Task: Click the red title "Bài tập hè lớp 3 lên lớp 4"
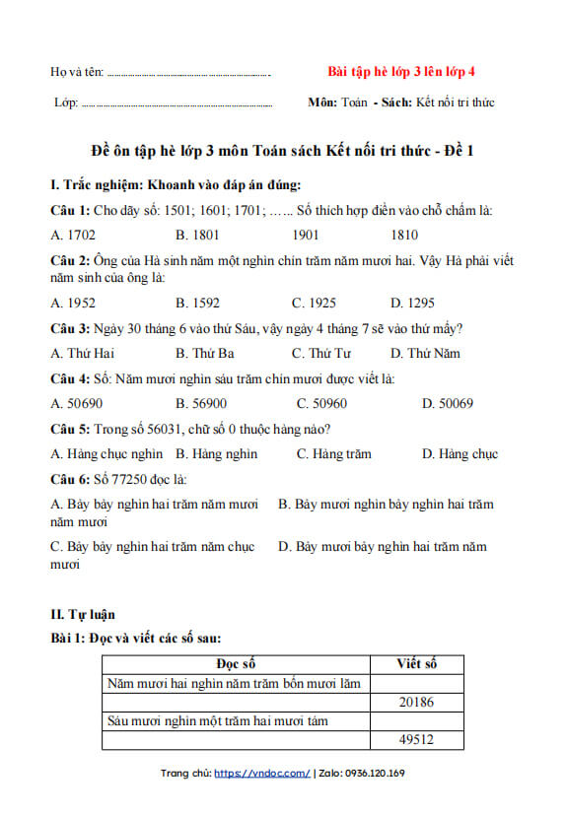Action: [x=400, y=72]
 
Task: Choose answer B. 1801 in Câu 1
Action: [x=197, y=235]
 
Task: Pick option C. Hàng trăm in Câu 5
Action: [x=333, y=454]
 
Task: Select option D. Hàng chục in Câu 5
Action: [x=460, y=454]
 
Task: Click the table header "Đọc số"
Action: [x=237, y=664]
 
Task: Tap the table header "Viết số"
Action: [x=417, y=664]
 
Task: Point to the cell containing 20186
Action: [x=417, y=702]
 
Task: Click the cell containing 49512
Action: [x=417, y=740]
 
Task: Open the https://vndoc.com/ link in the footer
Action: [x=261, y=774]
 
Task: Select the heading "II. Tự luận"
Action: [x=83, y=614]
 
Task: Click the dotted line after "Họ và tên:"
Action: [x=187, y=74]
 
